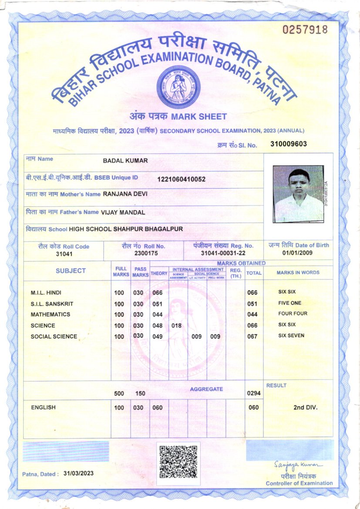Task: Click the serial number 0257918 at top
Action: pos(305,30)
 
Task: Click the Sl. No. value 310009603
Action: pos(289,144)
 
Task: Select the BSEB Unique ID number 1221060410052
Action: pos(182,179)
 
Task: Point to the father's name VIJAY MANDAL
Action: pos(123,212)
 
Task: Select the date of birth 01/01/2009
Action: pos(298,253)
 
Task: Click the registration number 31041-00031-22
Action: pos(223,253)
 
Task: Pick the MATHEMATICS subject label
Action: pos(50,314)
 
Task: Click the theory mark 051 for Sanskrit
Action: pos(158,304)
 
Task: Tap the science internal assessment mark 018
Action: pos(176,325)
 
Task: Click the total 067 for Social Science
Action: pos(252,337)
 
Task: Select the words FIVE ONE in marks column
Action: pos(289,303)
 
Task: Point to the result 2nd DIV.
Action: pos(306,408)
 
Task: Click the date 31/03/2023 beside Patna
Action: pos(78,473)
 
